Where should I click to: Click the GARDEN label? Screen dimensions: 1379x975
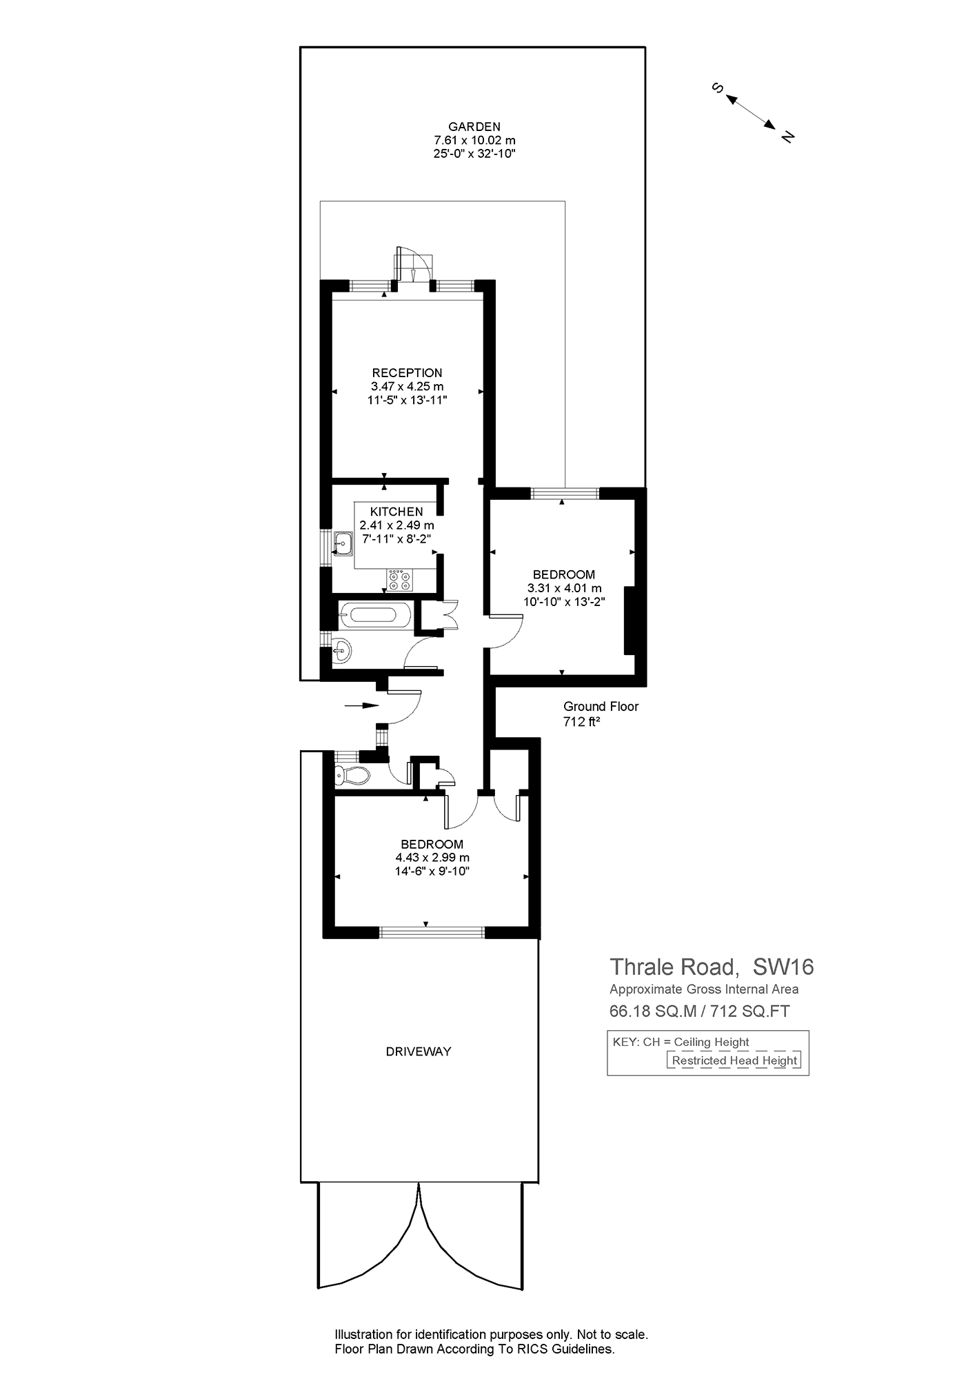click(x=474, y=126)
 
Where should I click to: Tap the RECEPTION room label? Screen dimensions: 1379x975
click(x=407, y=373)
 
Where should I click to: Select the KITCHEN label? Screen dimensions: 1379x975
click(x=396, y=512)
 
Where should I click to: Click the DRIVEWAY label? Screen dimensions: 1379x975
click(x=419, y=1051)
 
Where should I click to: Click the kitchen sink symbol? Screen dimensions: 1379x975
click(x=343, y=543)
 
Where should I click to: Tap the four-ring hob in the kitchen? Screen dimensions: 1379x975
click(x=399, y=580)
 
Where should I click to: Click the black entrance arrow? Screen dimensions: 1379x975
click(x=362, y=705)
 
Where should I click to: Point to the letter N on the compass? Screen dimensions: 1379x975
click(x=787, y=136)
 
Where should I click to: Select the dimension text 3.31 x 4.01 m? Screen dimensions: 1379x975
click(x=564, y=588)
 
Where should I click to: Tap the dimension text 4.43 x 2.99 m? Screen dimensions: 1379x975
click(x=432, y=858)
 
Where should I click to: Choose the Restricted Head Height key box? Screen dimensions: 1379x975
click(x=734, y=1060)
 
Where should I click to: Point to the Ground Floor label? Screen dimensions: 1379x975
click(x=601, y=706)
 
